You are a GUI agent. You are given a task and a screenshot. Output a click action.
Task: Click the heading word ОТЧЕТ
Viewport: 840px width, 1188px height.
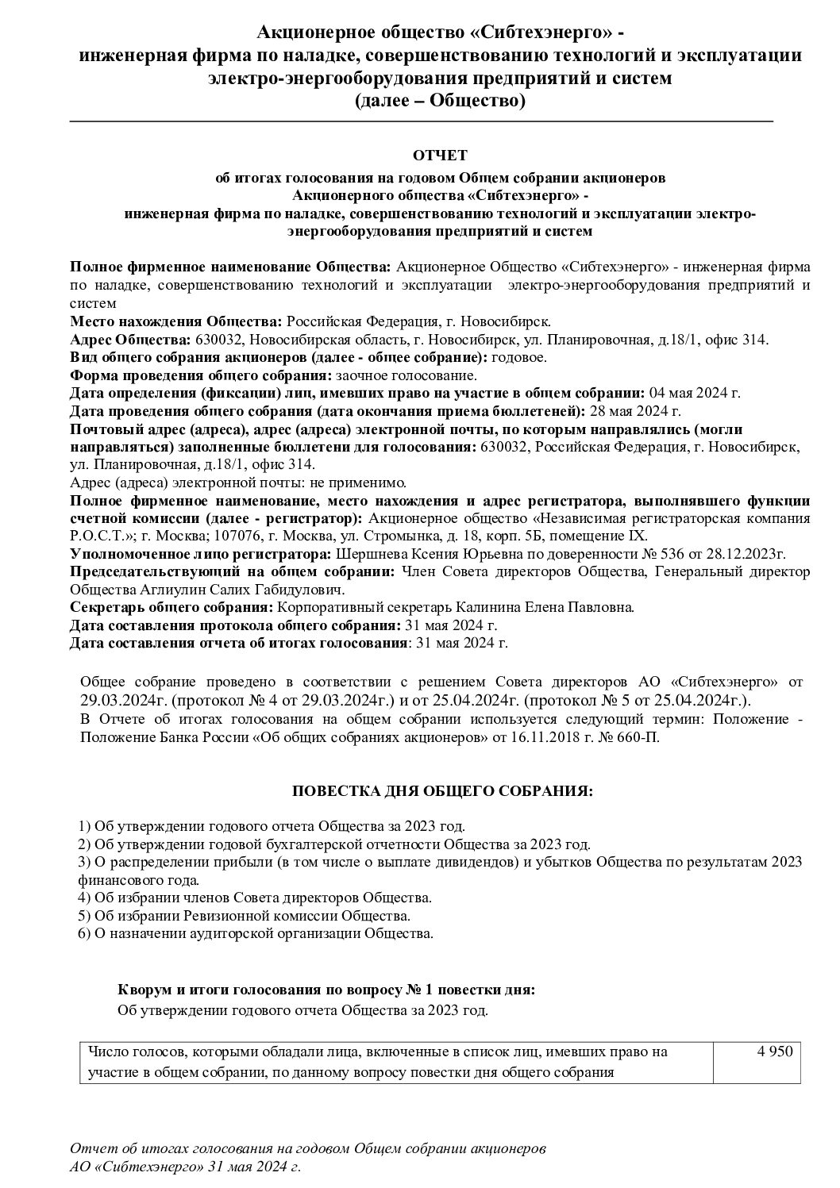tap(441, 154)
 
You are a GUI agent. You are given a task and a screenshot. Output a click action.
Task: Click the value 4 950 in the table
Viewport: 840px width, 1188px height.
tap(775, 1052)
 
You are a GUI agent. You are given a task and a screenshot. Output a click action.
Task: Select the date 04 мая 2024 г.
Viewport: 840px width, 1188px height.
tap(695, 392)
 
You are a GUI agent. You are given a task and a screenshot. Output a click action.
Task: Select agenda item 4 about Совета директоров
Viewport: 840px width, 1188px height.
tap(255, 898)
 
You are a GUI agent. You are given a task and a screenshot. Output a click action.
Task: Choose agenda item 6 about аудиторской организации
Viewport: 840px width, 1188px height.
tap(256, 933)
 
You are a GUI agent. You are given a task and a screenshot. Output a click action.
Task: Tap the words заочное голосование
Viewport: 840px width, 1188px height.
tap(407, 375)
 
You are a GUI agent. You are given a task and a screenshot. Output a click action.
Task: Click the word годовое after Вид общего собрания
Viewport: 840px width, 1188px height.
tap(519, 356)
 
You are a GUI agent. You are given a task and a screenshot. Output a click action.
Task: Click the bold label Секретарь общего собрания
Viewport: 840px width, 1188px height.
tap(171, 608)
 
